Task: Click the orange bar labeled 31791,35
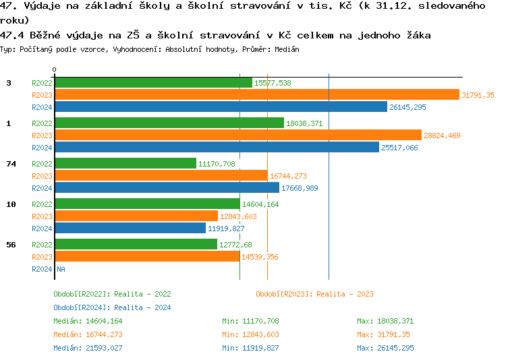click(256, 95)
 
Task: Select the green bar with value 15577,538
click(153, 83)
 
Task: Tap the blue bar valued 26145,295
click(221, 107)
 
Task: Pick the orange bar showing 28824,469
click(237, 136)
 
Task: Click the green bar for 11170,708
click(125, 164)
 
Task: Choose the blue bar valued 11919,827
click(130, 229)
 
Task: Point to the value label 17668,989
click(300, 188)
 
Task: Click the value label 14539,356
click(260, 257)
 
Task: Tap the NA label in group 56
click(61, 269)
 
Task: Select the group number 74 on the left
click(11, 164)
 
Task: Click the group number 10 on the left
click(11, 204)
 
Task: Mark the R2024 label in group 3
click(42, 107)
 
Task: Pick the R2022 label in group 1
click(42, 123)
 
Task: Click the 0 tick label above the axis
click(54, 69)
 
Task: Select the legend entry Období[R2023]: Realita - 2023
click(314, 294)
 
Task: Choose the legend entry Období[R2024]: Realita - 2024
click(112, 307)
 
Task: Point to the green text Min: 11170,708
click(250, 321)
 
